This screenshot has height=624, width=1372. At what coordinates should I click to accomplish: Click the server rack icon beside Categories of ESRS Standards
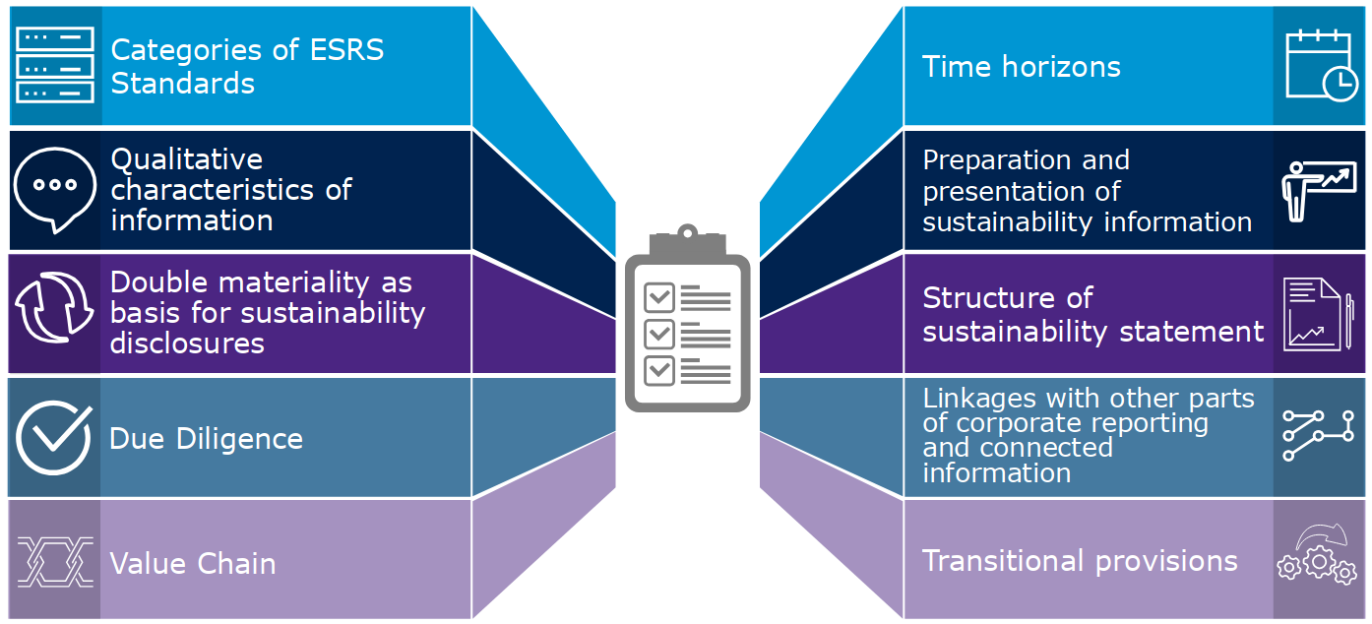pos(55,66)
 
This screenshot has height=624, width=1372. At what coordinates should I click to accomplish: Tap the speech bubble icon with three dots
pos(55,188)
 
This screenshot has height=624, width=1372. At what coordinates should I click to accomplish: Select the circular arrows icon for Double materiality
pos(55,312)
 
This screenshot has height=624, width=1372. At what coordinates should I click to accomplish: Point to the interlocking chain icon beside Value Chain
pos(55,562)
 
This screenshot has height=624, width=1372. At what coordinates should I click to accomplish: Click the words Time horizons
pos(1021,67)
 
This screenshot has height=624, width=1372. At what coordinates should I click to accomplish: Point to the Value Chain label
pos(193,564)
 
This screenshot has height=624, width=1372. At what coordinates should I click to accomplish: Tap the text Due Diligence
pos(206,438)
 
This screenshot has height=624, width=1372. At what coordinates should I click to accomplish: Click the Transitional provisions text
pos(1080,561)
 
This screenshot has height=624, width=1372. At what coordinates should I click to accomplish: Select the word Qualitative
pos(186,159)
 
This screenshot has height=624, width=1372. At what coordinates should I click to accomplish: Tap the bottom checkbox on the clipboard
pos(658,371)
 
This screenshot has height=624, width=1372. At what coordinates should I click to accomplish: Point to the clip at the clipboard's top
pos(686,236)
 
